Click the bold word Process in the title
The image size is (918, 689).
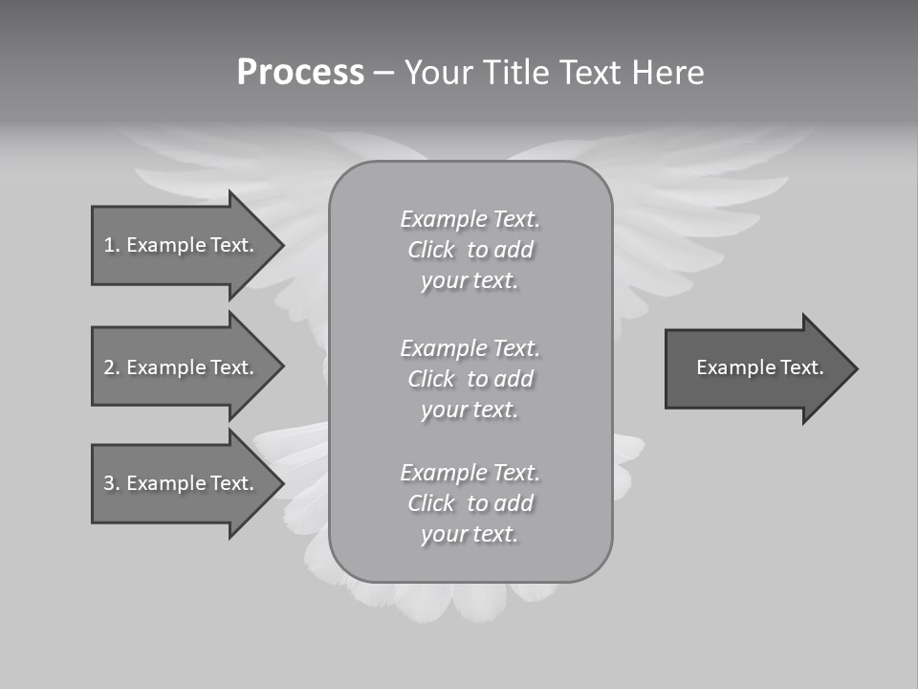tap(300, 73)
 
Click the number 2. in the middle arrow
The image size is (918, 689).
tap(112, 367)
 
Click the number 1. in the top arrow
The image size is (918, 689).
tap(112, 245)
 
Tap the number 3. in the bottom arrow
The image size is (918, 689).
tap(112, 483)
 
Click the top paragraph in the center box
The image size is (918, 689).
tap(470, 250)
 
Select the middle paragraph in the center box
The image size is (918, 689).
tap(470, 379)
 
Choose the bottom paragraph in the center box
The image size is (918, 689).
tap(470, 503)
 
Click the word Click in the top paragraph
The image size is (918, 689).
tap(431, 251)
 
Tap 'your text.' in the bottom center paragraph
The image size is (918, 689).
tap(470, 535)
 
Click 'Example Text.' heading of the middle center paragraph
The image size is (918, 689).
tap(470, 348)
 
